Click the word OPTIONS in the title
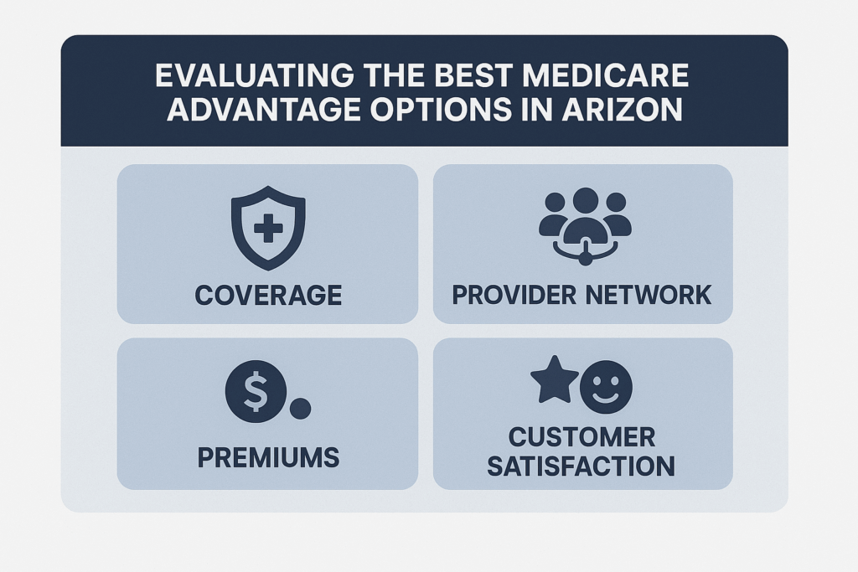click(x=443, y=110)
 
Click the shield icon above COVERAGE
click(x=267, y=227)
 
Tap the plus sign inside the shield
click(x=267, y=227)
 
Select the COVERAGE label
click(x=267, y=294)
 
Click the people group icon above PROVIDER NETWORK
click(x=584, y=219)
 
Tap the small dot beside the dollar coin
click(x=299, y=409)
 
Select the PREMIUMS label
click(x=268, y=457)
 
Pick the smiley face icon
click(x=606, y=387)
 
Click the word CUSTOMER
click(x=581, y=436)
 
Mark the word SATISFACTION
click(x=581, y=465)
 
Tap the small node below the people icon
click(x=585, y=258)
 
